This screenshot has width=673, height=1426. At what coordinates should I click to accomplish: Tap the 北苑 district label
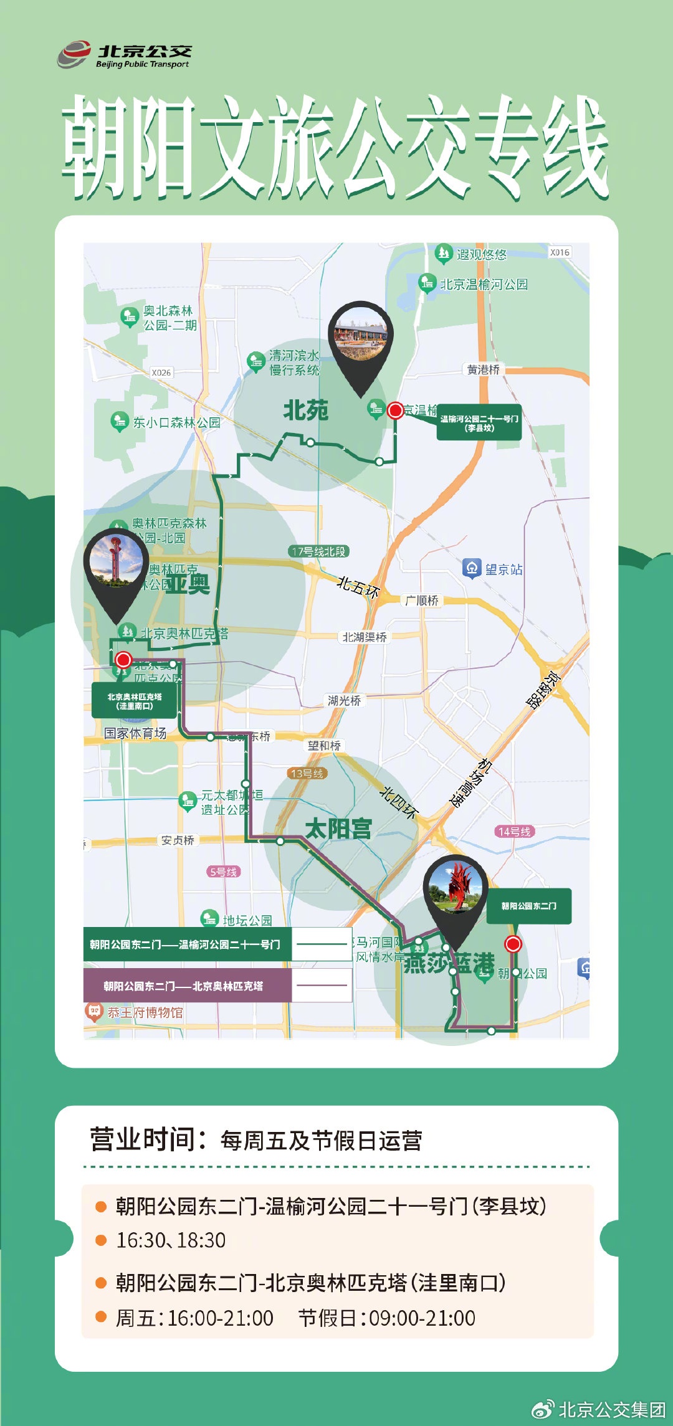point(305,411)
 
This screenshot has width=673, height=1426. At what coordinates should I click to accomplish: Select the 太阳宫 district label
point(338,829)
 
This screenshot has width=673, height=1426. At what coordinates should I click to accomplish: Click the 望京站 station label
point(504,569)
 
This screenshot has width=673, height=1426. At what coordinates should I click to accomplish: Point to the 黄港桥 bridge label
point(484,369)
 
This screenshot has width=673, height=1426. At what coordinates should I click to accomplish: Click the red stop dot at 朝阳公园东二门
point(513,944)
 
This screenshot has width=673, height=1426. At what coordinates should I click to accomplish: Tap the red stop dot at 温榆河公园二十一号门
point(395,410)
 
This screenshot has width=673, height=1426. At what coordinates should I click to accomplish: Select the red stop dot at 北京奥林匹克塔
point(123,660)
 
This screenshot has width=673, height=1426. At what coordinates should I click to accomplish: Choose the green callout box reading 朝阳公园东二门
point(529,906)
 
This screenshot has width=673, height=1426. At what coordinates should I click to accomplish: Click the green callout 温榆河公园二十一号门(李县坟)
point(479,424)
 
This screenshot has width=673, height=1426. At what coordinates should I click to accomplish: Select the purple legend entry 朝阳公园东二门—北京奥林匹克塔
point(187,986)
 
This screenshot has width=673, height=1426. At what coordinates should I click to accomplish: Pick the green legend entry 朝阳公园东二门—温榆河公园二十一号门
point(187,944)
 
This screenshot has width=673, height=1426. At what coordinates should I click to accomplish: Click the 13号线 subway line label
point(307,774)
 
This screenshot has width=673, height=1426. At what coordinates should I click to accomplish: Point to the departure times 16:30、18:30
point(171,1240)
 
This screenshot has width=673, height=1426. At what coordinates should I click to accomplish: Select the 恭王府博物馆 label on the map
point(145,1012)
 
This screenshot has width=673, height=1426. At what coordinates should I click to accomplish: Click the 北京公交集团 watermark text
point(611,1410)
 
